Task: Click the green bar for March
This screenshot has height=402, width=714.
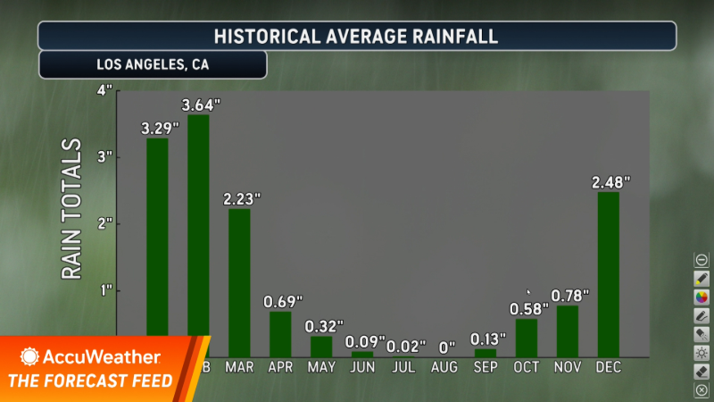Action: click(x=239, y=282)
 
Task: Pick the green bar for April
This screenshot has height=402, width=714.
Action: click(x=280, y=333)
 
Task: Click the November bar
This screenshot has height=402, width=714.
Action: click(x=567, y=331)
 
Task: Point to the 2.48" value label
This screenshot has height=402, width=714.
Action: click(x=610, y=182)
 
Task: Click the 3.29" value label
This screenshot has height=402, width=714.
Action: click(x=160, y=128)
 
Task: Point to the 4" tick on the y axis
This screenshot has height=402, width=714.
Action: click(x=104, y=90)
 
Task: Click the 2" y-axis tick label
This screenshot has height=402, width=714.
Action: click(x=104, y=222)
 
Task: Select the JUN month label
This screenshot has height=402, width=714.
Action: click(x=362, y=366)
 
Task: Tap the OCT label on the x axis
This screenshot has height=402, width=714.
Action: click(x=527, y=366)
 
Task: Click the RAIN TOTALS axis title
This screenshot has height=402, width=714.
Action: click(x=72, y=210)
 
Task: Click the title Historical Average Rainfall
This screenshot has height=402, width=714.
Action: click(x=356, y=37)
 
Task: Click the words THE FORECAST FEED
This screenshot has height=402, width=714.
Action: click(x=90, y=381)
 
